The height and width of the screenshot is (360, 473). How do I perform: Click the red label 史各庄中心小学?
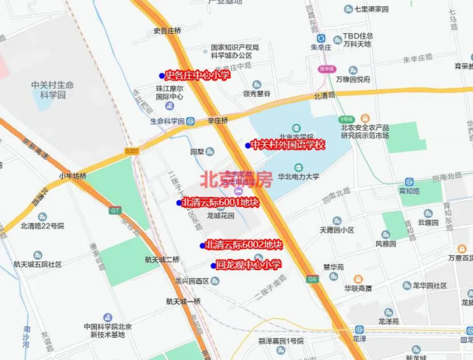coord(197,76)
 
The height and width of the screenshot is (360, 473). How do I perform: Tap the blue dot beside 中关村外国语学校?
coord(248,145)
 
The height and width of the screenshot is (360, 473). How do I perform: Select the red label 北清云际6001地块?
coord(220,202)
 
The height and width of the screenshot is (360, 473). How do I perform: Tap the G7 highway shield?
coord(116,210)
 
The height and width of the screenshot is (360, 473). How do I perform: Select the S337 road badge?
coord(131,150)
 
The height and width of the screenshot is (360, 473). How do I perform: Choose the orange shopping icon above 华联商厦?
coord(358,279)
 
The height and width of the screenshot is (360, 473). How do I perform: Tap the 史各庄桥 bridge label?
coord(167,31)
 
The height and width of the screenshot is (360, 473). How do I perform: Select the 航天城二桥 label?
coord(162,259)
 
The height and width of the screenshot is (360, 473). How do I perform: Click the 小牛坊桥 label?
coord(73,176)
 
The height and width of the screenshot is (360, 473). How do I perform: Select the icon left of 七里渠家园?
coord(348,9)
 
